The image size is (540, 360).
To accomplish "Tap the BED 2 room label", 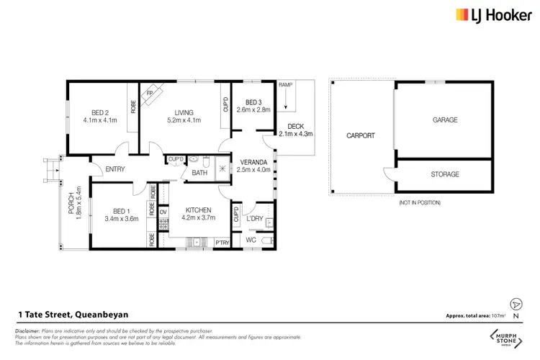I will click(x=99, y=112).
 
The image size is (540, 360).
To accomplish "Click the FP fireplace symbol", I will click(x=150, y=94).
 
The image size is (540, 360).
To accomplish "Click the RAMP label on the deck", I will click(x=285, y=85).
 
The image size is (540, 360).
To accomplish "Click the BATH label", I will click(x=199, y=173).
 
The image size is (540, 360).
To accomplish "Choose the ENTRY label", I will click(x=115, y=169).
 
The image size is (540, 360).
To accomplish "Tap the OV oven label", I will click(x=163, y=212).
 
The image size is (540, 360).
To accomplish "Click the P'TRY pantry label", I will click(x=222, y=243).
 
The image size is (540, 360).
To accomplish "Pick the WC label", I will click(x=251, y=239).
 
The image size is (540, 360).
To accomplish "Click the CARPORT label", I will click(x=361, y=135).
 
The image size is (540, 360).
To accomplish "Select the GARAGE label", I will click(x=444, y=120).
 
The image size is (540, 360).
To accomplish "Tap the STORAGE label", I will click(x=444, y=174).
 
